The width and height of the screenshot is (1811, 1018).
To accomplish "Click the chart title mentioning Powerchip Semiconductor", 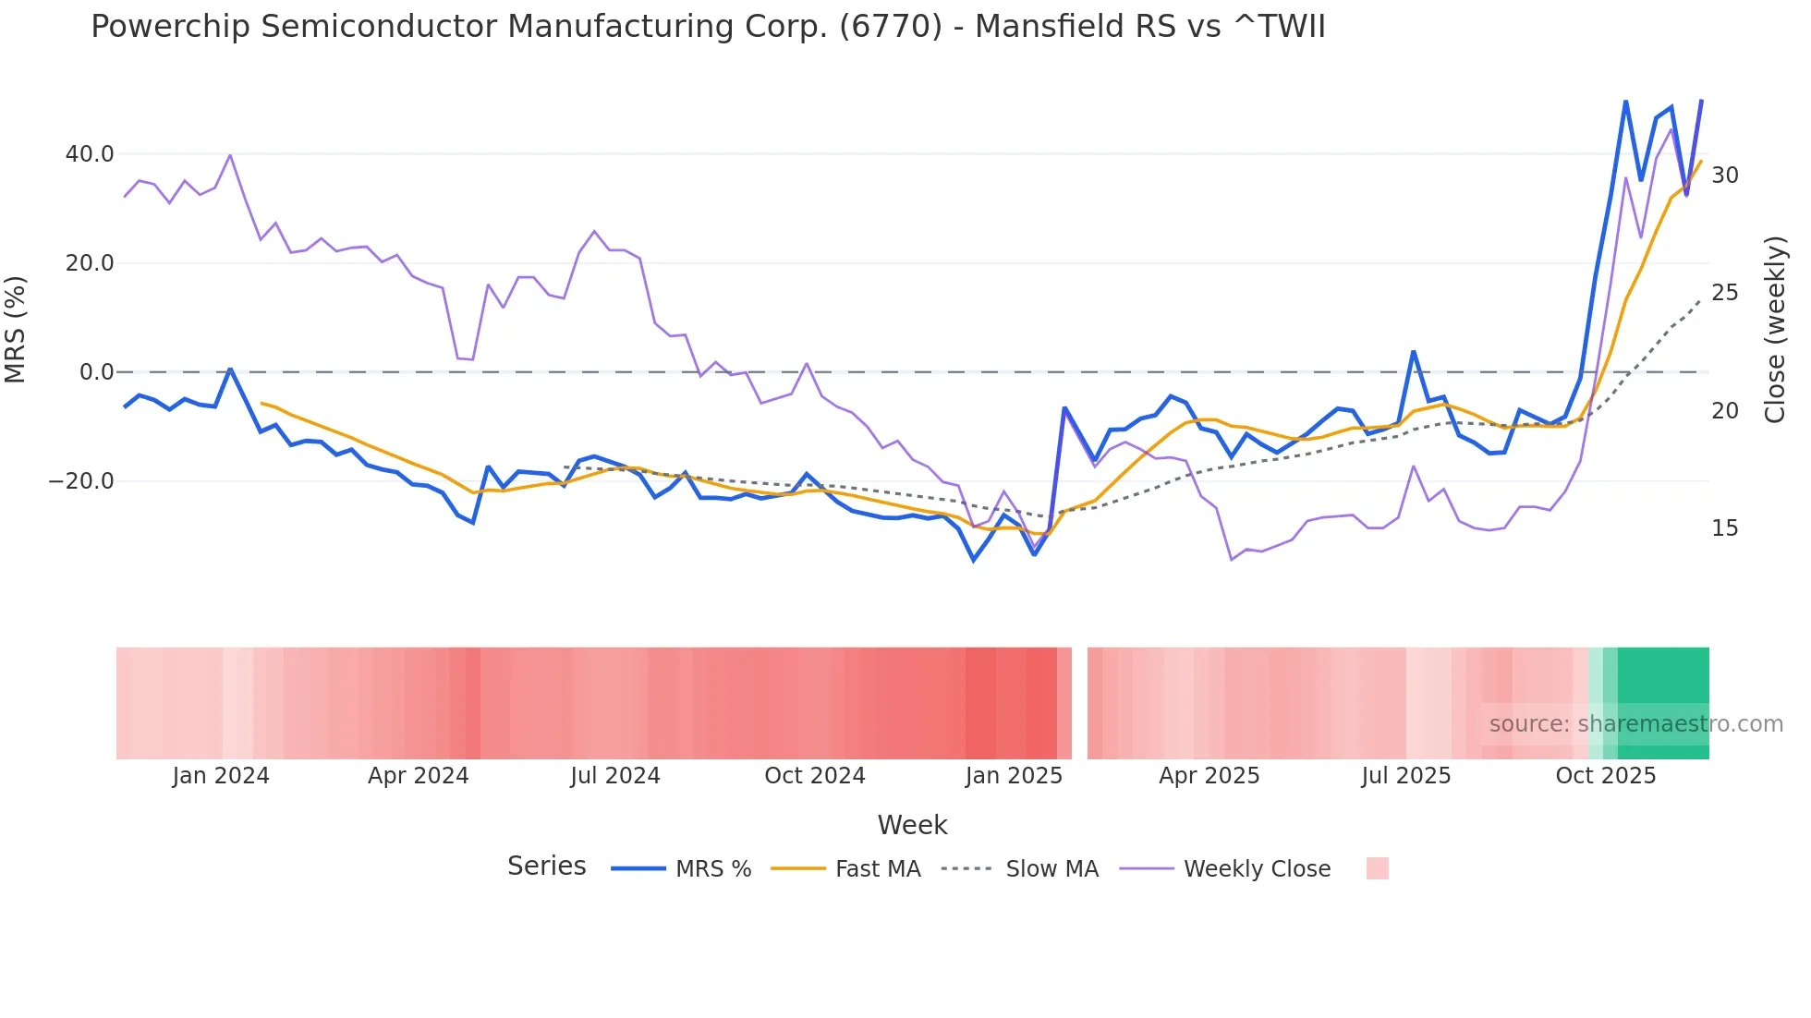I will pyautogui.click(x=708, y=27).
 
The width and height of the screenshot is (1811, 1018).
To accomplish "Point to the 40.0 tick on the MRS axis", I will pyautogui.click(x=90, y=154).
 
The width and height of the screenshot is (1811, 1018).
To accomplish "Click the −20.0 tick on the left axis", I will pyautogui.click(x=81, y=481).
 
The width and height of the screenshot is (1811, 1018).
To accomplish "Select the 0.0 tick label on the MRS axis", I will pyautogui.click(x=97, y=372).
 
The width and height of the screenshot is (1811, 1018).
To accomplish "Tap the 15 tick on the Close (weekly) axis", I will pyautogui.click(x=1724, y=528).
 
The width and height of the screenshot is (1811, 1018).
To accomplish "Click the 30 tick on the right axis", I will pyautogui.click(x=1724, y=176).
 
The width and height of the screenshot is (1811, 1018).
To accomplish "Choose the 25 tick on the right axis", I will pyautogui.click(x=1724, y=293).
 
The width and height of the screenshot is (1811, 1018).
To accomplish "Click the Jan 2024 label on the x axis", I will pyautogui.click(x=221, y=776).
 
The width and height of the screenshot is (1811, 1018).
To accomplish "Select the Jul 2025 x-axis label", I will pyautogui.click(x=1405, y=776).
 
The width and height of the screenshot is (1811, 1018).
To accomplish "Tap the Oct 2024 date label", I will pyautogui.click(x=814, y=776).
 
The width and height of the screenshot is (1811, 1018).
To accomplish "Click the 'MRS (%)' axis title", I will pyautogui.click(x=16, y=330).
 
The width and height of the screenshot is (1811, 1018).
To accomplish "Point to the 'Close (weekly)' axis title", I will pyautogui.click(x=1774, y=330).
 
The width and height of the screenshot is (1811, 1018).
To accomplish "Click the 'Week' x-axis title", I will pyautogui.click(x=912, y=825).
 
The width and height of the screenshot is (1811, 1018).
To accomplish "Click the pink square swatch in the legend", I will pyautogui.click(x=1377, y=868).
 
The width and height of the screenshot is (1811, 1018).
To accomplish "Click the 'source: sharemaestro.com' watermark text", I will pyautogui.click(x=1635, y=724).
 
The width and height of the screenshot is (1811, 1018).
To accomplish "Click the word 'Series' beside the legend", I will pyautogui.click(x=546, y=867).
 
